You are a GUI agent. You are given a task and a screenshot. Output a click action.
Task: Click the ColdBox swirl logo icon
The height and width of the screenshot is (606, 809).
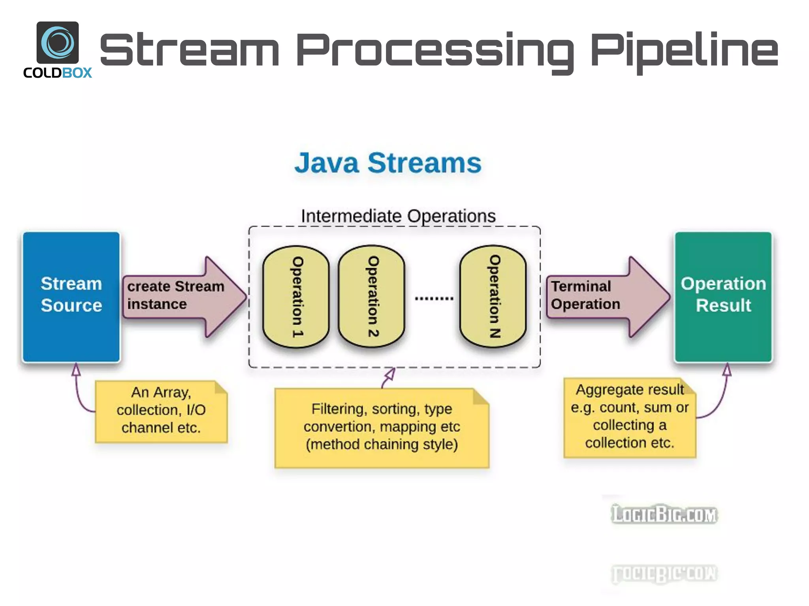point(58,42)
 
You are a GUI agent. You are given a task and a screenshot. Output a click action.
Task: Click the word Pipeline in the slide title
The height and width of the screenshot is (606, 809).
point(684,51)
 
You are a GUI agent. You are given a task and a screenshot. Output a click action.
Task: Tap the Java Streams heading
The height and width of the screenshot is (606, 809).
point(388,163)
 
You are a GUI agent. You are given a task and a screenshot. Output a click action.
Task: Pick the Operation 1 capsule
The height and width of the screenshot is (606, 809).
point(296,297)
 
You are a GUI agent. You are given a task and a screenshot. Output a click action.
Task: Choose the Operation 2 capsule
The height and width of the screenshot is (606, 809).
point(372,297)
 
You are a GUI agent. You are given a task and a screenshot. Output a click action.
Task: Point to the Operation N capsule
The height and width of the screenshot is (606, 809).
point(493,297)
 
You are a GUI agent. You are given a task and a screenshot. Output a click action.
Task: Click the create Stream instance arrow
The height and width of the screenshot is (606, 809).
point(182,296)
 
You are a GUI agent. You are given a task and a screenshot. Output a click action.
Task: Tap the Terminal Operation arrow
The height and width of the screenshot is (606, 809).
point(604,296)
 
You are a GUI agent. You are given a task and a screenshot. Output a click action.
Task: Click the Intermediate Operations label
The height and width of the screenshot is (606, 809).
point(398,216)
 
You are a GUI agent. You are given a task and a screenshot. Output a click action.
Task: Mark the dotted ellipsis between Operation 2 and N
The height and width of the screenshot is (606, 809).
point(434,299)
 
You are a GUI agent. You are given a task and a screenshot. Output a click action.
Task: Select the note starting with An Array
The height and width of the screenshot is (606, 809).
point(161,411)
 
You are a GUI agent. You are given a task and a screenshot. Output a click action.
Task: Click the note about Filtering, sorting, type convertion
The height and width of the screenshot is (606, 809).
point(382,428)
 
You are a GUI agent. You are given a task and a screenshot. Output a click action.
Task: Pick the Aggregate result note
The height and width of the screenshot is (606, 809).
point(630,417)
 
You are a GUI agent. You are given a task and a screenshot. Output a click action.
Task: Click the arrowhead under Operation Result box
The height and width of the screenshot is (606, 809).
point(727,370)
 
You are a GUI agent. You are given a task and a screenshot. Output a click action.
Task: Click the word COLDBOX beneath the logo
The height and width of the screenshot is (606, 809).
point(58,73)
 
